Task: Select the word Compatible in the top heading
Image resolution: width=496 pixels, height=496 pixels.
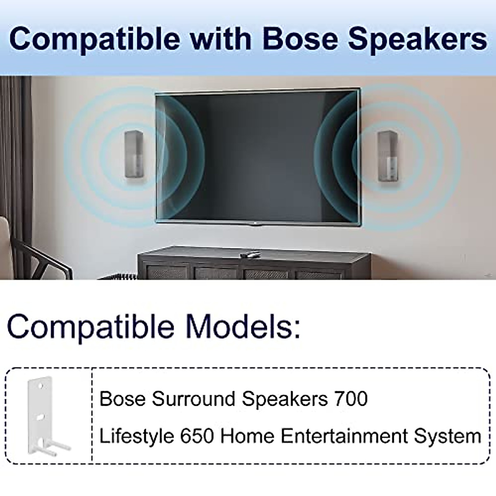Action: (x=94, y=39)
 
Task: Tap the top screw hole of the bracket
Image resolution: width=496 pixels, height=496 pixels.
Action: (x=41, y=386)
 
